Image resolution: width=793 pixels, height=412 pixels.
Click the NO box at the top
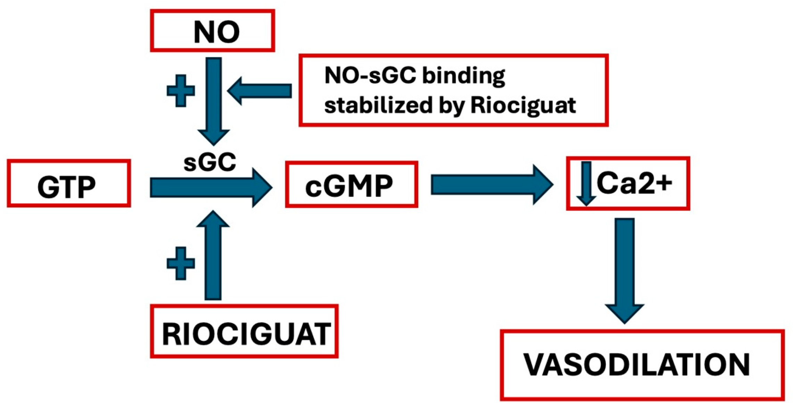pyautogui.click(x=212, y=31)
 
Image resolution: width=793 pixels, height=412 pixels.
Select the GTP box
pyautogui.click(x=68, y=184)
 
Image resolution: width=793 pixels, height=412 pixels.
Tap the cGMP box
pyautogui.click(x=351, y=184)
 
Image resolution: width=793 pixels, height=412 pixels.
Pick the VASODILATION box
pyautogui.click(x=642, y=365)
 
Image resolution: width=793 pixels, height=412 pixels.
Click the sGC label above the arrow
pyautogui.click(x=210, y=162)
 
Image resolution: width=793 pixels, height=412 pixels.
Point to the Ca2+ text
pyautogui.click(x=634, y=183)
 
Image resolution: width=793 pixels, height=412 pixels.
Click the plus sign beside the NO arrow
pyautogui.click(x=181, y=91)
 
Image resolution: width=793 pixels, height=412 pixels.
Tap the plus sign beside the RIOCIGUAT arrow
pyautogui.click(x=181, y=263)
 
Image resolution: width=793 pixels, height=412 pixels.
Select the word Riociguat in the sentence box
pyautogui.click(x=523, y=106)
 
